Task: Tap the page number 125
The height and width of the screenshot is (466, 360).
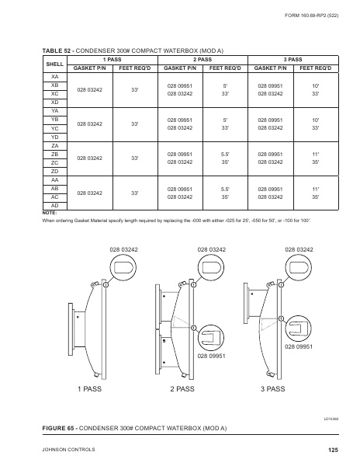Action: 334,450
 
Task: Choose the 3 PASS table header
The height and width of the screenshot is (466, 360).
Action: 293,58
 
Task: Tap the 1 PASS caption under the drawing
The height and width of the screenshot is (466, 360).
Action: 92,387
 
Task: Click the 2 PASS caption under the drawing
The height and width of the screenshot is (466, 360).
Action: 183,387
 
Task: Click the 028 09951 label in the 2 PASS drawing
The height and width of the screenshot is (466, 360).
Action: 211,355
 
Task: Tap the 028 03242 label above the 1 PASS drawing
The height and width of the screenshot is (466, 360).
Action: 124,249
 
